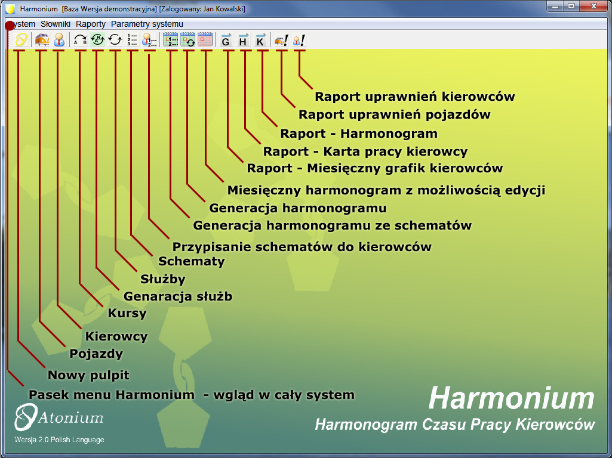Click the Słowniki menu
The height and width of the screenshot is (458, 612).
pyautogui.click(x=56, y=24)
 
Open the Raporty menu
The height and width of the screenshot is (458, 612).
pyautogui.click(x=91, y=24)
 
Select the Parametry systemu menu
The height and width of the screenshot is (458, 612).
pyautogui.click(x=147, y=24)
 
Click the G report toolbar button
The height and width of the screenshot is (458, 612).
pyautogui.click(x=226, y=40)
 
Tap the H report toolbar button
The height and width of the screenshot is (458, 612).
pyautogui.click(x=243, y=40)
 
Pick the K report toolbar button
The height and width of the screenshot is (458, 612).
pyautogui.click(x=260, y=40)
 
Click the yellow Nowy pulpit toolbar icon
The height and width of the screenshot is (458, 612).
pyautogui.click(x=21, y=40)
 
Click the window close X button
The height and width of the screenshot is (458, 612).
pyautogui.click(x=593, y=6)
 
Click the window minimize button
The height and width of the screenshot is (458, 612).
pyautogui.click(x=555, y=6)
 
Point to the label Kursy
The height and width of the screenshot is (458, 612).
pyautogui.click(x=127, y=313)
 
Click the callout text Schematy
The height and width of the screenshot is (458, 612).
pyautogui.click(x=191, y=261)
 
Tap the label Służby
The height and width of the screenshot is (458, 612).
pyautogui.click(x=163, y=278)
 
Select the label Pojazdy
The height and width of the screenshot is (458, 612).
pyautogui.click(x=96, y=354)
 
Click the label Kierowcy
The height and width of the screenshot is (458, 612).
pyautogui.click(x=116, y=336)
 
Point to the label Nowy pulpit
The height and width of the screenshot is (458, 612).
pyautogui.click(x=88, y=375)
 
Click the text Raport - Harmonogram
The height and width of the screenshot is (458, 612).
pyautogui.click(x=359, y=134)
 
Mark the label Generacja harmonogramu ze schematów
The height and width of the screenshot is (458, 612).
pyautogui.click(x=333, y=225)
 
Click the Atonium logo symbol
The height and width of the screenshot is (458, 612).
pyautogui.click(x=26, y=417)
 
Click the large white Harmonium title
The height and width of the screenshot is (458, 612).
pyautogui.click(x=511, y=398)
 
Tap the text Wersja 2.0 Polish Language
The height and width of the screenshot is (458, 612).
pyautogui.click(x=59, y=440)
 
